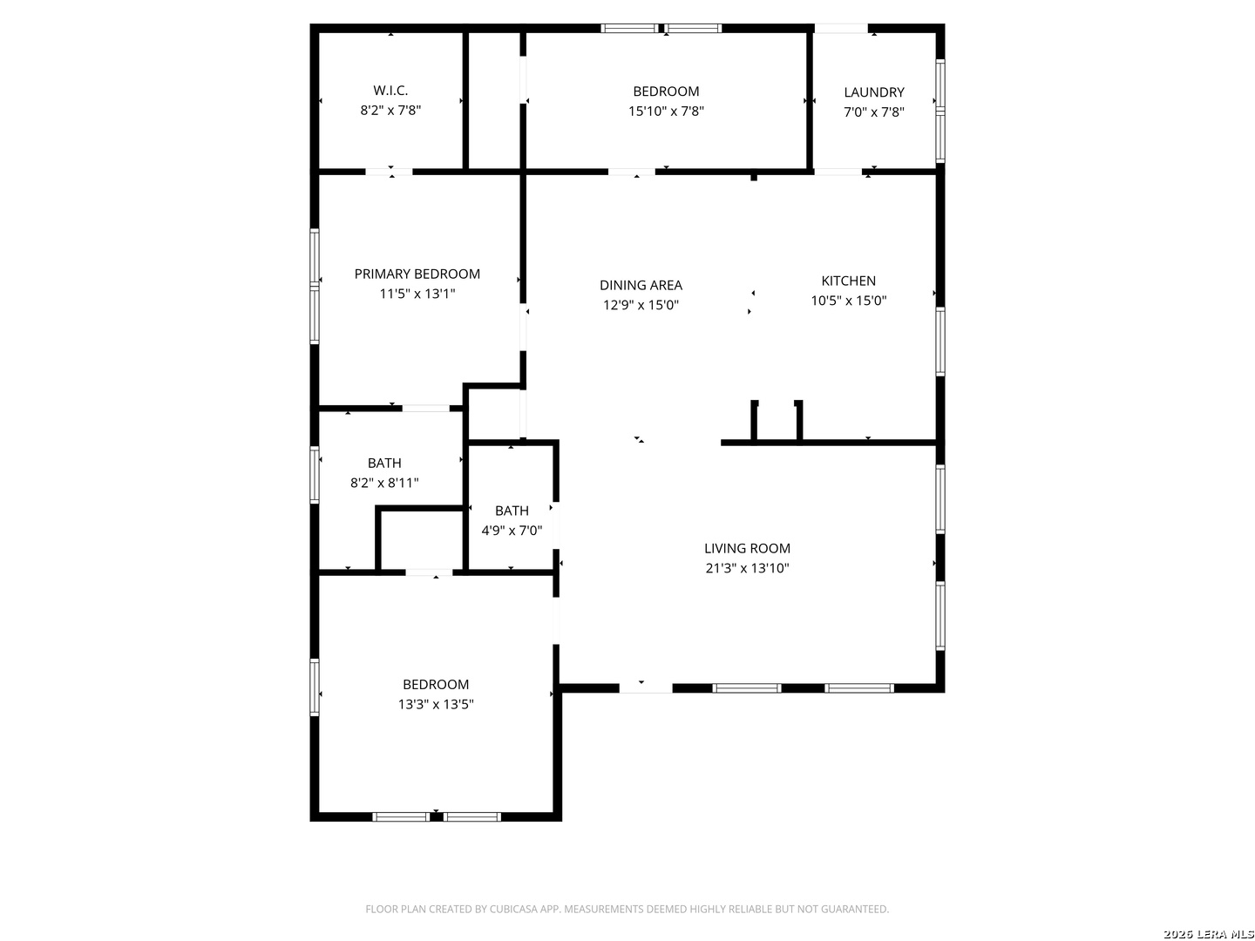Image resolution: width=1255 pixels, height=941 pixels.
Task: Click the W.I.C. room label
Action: (x=390, y=91)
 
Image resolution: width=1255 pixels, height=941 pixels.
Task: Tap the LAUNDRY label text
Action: (x=873, y=92)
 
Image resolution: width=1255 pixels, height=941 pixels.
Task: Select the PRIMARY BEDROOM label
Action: (x=417, y=274)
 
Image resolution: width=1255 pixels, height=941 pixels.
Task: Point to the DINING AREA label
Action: (x=641, y=285)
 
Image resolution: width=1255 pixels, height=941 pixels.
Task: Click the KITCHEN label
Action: (x=848, y=281)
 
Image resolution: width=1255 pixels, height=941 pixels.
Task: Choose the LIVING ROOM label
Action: (x=747, y=548)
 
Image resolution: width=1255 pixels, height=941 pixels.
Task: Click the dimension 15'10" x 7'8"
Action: (x=666, y=111)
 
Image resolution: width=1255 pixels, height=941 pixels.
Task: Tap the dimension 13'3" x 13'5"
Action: (x=436, y=704)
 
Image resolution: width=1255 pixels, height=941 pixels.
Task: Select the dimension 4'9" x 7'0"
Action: (x=511, y=531)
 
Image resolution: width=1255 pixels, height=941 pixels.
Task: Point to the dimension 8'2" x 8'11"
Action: (x=384, y=483)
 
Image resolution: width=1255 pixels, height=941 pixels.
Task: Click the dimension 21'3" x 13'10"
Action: (x=747, y=568)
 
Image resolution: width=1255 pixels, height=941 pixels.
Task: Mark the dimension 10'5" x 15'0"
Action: (x=848, y=301)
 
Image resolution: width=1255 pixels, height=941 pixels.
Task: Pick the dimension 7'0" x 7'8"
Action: (x=873, y=112)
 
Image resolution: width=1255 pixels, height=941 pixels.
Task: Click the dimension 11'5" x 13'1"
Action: (x=417, y=294)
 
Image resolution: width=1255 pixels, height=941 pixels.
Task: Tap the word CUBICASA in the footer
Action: (x=511, y=909)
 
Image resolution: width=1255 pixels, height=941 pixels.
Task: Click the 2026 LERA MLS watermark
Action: (x=1208, y=934)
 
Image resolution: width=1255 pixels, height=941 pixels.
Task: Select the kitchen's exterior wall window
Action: (x=940, y=342)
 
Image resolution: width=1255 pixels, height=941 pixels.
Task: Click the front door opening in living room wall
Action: (x=645, y=688)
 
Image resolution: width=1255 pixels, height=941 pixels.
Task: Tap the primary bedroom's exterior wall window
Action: (x=314, y=287)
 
